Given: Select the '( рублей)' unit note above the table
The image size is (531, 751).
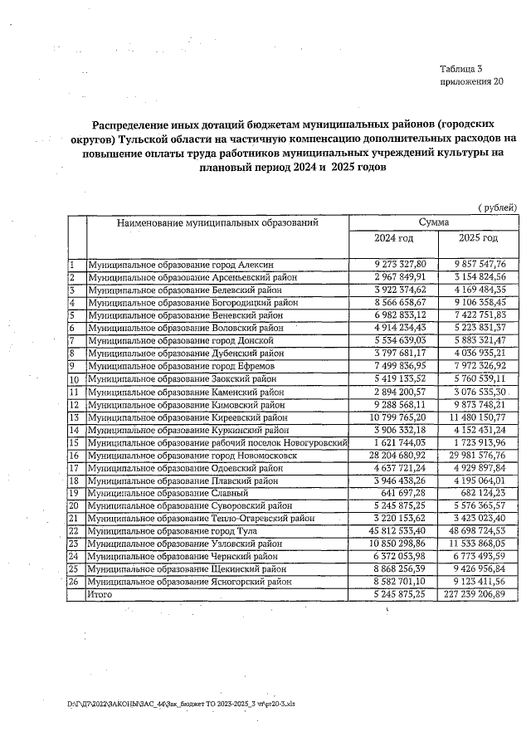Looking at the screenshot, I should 497,207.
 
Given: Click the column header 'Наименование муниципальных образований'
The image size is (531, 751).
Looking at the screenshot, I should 217,222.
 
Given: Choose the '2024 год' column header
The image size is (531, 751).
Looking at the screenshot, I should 394,239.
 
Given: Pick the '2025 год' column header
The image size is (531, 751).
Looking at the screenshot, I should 479,239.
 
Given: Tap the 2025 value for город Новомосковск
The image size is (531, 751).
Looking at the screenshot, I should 480,456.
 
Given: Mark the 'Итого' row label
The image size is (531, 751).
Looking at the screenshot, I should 100,595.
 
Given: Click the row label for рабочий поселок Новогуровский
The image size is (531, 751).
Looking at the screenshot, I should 217,444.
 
